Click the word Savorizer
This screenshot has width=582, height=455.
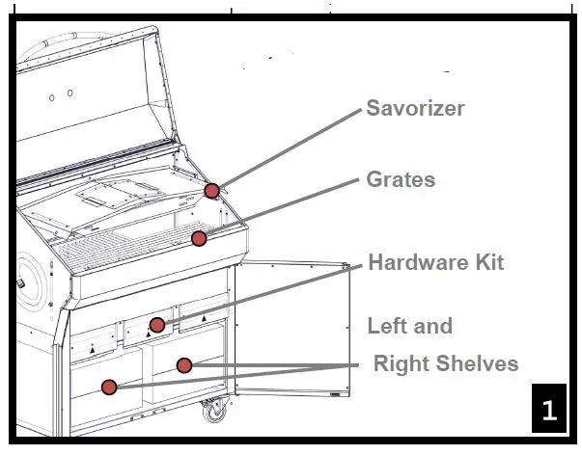point(415,108)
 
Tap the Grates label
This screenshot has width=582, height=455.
point(401,179)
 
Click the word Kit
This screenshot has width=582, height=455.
point(487,262)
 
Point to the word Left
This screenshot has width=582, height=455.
point(388,326)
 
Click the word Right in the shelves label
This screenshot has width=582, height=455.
point(402,363)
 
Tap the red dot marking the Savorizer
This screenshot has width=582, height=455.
point(212,190)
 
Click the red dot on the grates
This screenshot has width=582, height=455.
point(199,237)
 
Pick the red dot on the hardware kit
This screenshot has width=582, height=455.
point(157,324)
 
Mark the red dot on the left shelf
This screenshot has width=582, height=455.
point(109,387)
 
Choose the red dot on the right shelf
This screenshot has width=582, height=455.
point(184,364)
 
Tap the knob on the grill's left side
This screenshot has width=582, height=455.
point(18,287)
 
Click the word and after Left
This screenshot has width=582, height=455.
point(433,326)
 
